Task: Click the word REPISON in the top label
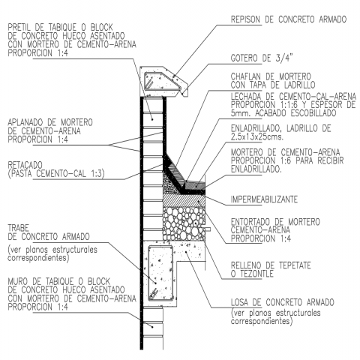pos(245,19)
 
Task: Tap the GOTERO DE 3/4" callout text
pos(262,58)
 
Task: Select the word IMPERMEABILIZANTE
pos(264,199)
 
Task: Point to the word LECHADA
pos(249,96)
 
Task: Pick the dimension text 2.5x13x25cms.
pos(257,136)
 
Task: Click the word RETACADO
pos(25,165)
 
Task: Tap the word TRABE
pos(19,228)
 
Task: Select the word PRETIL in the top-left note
pos(19,27)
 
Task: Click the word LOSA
pos(239,302)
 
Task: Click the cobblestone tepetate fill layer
pos(184,223)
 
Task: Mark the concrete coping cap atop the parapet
pos(163,82)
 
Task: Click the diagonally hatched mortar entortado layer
pos(184,200)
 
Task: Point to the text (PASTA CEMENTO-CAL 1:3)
pos(56,173)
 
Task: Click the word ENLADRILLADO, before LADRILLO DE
pos(256,128)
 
